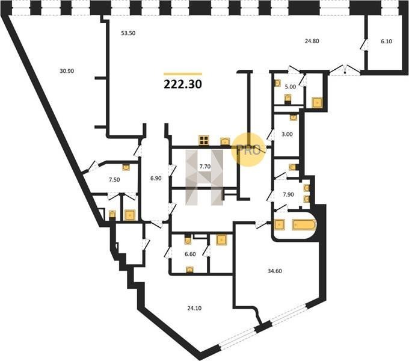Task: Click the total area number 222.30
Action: (x=183, y=84)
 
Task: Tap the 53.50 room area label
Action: (x=128, y=33)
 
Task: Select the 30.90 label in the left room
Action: (x=67, y=70)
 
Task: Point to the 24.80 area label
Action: (x=312, y=41)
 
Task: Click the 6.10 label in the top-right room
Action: (x=386, y=41)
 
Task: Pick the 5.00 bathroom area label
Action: (x=291, y=87)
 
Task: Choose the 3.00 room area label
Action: (x=287, y=134)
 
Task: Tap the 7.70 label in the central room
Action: (x=204, y=166)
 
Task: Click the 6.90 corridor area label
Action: (x=156, y=179)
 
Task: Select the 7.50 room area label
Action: (x=114, y=179)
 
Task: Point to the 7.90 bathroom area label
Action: (x=288, y=194)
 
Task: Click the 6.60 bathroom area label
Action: (x=190, y=254)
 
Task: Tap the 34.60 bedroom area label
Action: (x=275, y=271)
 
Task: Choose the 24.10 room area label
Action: (x=194, y=308)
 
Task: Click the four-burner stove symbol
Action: (x=204, y=140)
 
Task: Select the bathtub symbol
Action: (x=304, y=224)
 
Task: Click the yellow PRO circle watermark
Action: (x=248, y=149)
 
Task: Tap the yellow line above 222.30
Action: (x=183, y=74)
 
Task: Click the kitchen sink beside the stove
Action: (x=225, y=141)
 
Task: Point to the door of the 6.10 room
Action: (x=363, y=45)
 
